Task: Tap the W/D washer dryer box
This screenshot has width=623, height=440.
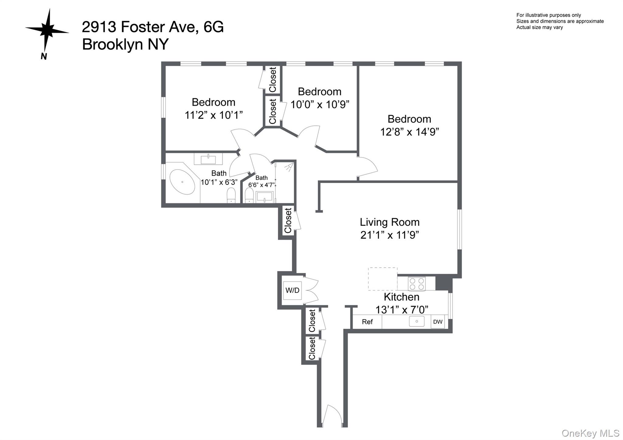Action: [292, 290]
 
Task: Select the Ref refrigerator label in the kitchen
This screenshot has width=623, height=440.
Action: [367, 322]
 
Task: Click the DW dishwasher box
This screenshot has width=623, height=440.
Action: [438, 322]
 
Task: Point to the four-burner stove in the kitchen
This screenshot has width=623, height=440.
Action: [417, 284]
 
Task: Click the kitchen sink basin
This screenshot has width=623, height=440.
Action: [417, 321]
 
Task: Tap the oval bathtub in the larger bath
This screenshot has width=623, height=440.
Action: [182, 182]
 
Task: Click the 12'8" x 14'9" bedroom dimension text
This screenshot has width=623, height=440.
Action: [409, 132]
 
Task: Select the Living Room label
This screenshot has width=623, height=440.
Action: [390, 222]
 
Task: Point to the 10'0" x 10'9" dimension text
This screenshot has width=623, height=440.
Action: [320, 105]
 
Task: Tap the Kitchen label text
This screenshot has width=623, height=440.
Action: [402, 297]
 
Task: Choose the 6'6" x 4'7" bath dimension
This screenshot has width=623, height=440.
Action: [262, 185]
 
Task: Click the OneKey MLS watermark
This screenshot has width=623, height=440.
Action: [590, 433]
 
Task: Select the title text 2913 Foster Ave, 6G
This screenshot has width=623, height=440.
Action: [153, 27]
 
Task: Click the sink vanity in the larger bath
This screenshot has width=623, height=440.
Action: [208, 159]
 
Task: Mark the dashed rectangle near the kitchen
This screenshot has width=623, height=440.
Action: [383, 279]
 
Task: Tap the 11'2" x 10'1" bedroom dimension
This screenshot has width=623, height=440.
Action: [214, 115]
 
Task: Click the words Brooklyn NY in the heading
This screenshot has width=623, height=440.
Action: [125, 44]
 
